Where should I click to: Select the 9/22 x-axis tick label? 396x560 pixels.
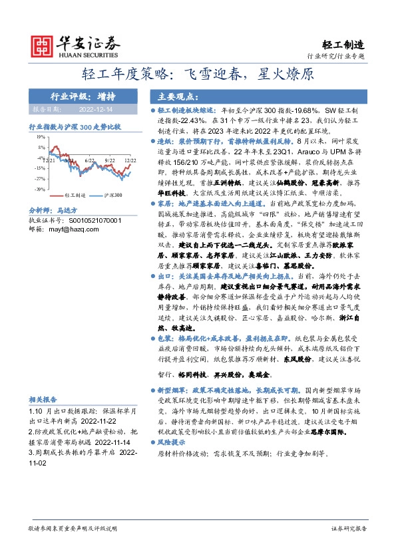click(x=110, y=161)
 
